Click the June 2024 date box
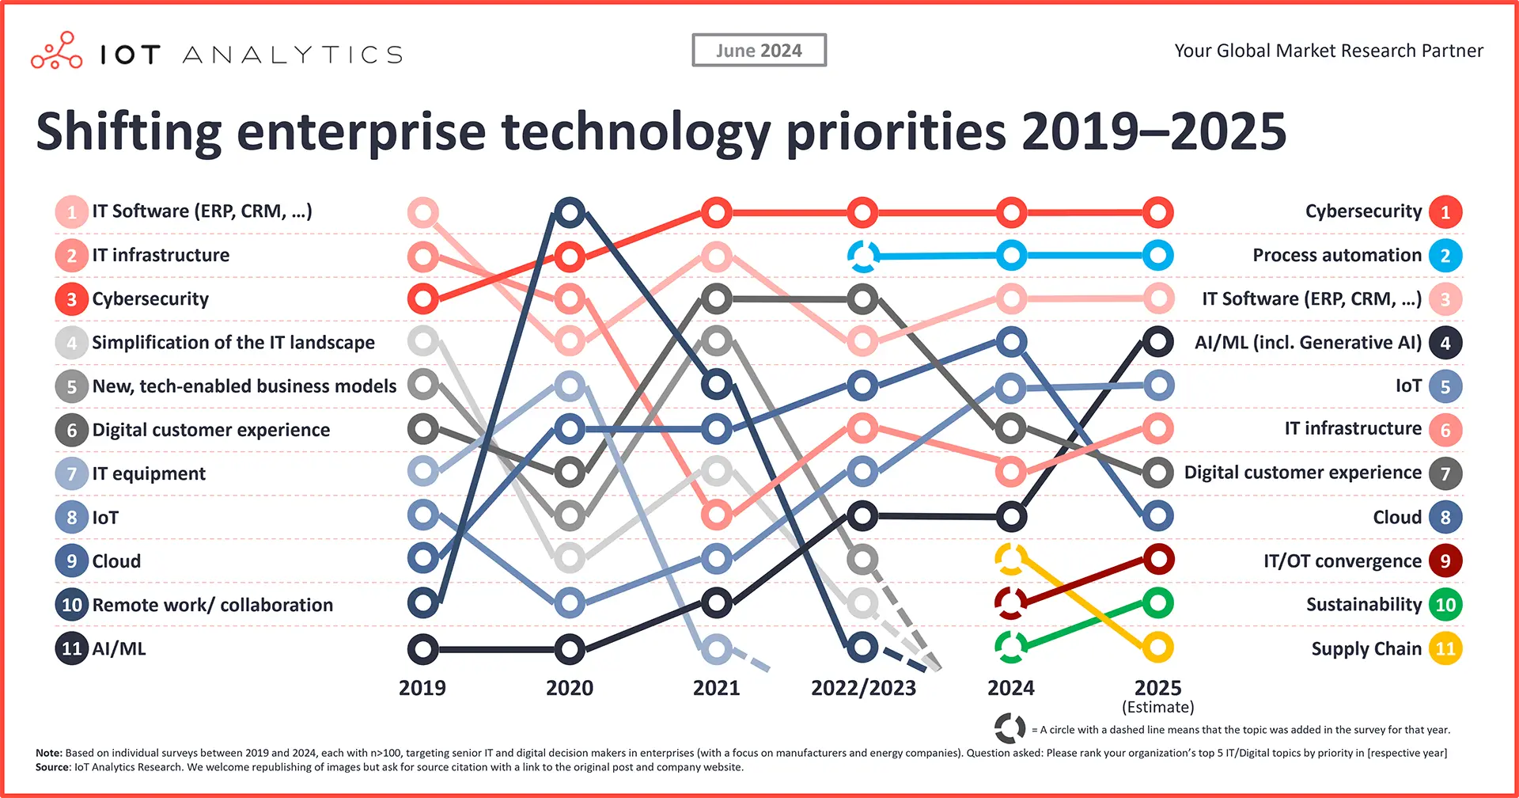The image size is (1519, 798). point(759,51)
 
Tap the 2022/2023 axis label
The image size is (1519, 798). point(863,688)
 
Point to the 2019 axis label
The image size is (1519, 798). point(422,688)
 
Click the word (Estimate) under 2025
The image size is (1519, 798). point(1157,707)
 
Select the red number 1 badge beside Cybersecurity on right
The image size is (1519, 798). point(1445,212)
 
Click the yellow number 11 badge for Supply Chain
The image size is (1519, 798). point(1445,649)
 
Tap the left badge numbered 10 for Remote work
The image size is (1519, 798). point(71,605)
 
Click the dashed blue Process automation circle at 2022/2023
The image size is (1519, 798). point(863,256)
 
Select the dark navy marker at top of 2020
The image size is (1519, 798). point(570,212)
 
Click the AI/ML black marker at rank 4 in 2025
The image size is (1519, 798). point(1157,342)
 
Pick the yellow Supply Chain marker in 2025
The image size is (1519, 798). point(1157,648)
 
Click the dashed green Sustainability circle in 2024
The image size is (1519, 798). point(1011,647)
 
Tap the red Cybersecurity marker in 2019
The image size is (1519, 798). point(423,299)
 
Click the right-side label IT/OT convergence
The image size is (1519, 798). point(1343,561)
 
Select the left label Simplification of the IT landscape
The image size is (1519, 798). point(233,343)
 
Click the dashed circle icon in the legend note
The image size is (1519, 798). point(1010,728)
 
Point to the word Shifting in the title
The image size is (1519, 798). point(129,132)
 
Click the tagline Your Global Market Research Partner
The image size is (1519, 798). point(1328,51)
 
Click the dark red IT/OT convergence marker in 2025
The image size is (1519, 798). point(1157,560)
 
